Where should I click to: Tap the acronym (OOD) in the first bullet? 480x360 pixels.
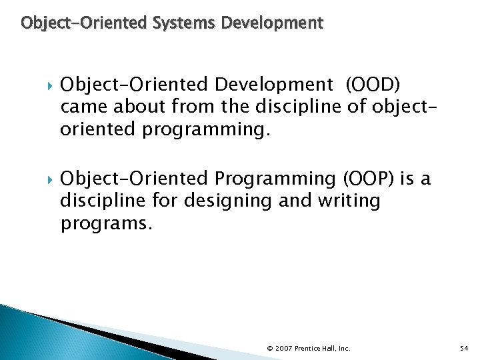coord(372,84)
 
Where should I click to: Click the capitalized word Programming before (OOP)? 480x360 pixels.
coord(276,179)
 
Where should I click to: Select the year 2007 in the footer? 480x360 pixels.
coord(283,348)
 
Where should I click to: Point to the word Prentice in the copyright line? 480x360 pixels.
coord(309,348)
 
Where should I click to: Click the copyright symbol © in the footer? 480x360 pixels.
coord(269,348)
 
